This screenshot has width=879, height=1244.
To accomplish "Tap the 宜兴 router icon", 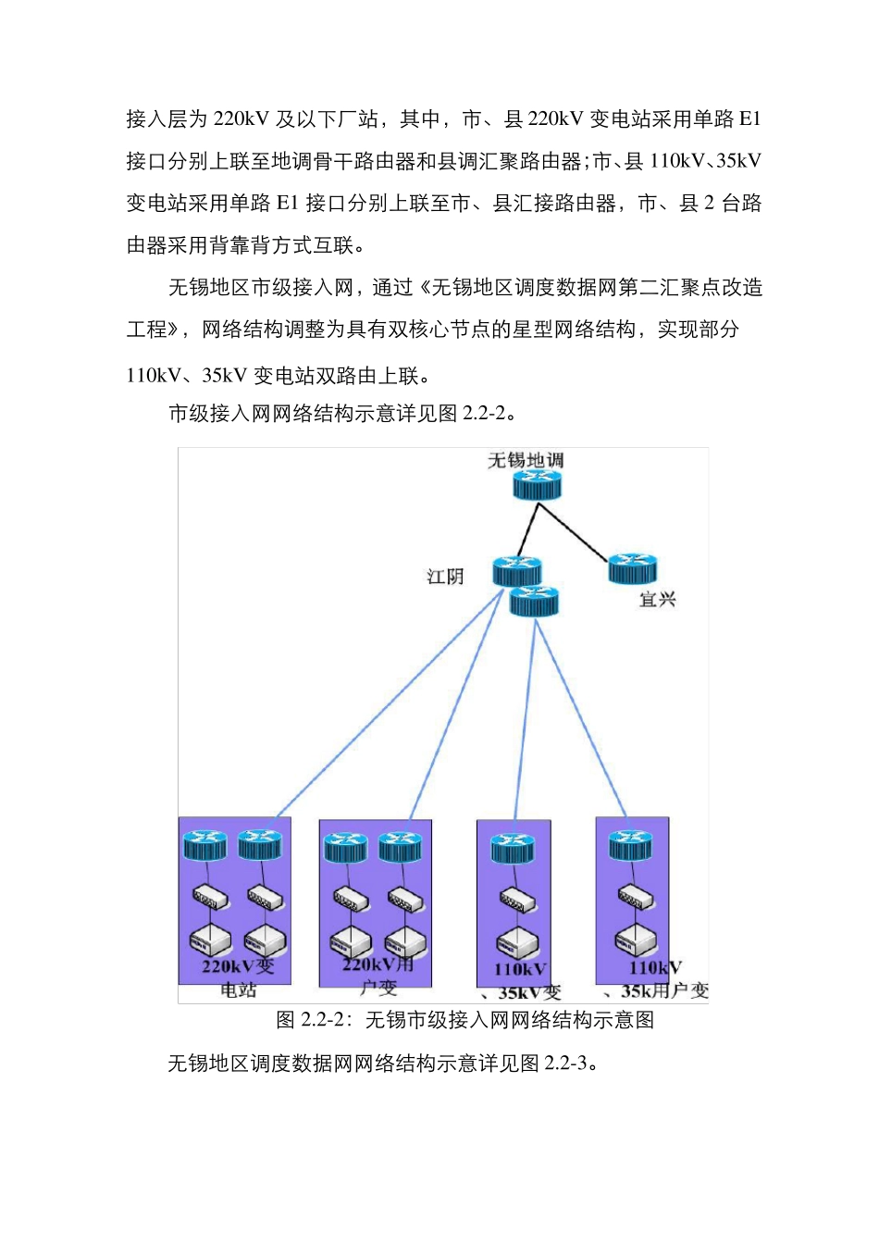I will (633, 568).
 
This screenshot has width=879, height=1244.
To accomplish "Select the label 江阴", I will (445, 577).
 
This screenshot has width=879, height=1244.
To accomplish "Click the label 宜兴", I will (657, 600).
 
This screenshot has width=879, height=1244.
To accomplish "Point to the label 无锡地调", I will (526, 460).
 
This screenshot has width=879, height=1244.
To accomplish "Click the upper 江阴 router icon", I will (516, 570).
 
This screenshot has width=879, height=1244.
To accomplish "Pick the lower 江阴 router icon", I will (535, 602).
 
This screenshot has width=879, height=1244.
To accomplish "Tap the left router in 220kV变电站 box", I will (204, 845).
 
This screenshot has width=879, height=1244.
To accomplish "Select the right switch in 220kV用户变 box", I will (405, 897).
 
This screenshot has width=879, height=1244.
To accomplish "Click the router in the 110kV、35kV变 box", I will (513, 847).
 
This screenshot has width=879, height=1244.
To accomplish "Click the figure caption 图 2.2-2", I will (465, 1020).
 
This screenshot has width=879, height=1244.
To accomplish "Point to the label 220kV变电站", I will (238, 977).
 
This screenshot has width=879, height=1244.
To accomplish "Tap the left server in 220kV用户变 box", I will (351, 943).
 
